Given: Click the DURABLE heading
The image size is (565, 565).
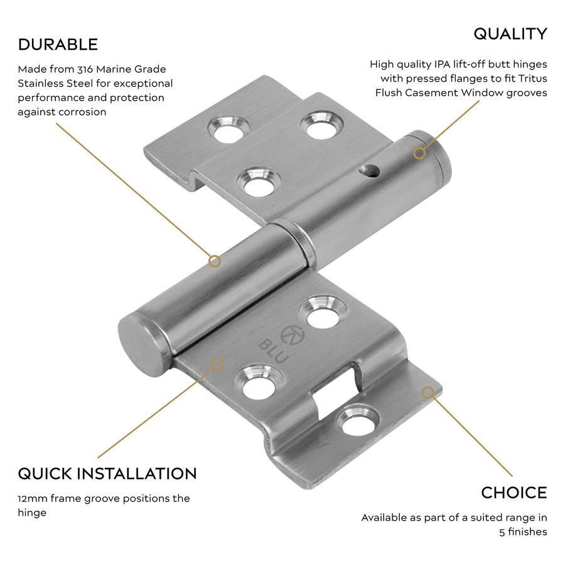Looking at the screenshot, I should tap(58, 45).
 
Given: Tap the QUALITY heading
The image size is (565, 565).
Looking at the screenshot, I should tap(510, 34).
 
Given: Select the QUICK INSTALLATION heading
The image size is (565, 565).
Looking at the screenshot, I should tap(107, 473).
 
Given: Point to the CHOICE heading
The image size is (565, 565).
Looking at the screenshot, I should tap(514, 493).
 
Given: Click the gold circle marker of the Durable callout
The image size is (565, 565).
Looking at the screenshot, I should tap(215, 261).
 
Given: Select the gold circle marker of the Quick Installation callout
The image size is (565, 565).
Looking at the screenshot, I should tap(218, 363).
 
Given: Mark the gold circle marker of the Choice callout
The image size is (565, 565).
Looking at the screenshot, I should tap(428, 393).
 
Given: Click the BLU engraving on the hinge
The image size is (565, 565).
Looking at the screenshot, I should tap(274, 351).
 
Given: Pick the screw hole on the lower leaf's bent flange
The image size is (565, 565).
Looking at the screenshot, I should tap(359, 419).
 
